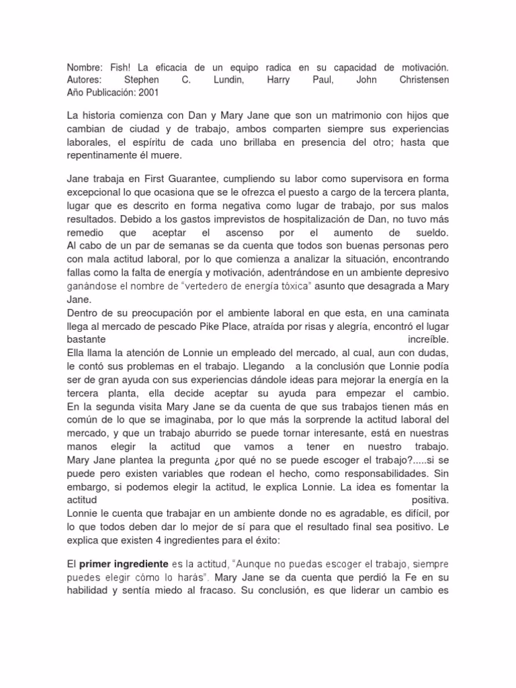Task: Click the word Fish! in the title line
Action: (x=114, y=69)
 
